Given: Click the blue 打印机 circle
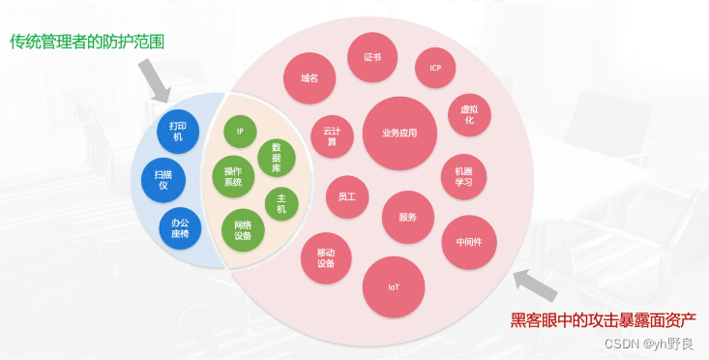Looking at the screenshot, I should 178,132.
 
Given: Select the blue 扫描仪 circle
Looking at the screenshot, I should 162,177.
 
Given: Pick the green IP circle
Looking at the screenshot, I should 240,132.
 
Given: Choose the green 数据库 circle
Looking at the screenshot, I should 277,158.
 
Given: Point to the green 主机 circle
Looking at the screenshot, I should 281,203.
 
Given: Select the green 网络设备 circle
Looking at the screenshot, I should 243,229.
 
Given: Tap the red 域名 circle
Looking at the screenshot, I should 310,77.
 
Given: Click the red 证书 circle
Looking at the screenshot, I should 372,57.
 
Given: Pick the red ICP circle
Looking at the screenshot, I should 435,68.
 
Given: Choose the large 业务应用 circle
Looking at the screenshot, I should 399,134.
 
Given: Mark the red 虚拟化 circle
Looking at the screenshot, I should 470,114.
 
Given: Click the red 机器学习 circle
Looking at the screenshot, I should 463,177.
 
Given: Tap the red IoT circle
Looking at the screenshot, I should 394,287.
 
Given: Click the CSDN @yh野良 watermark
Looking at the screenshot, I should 649,343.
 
